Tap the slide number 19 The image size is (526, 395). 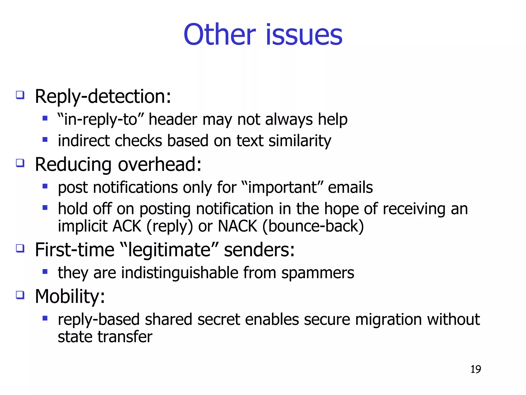coord(476,369)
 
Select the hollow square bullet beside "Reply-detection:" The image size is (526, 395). coord(20,95)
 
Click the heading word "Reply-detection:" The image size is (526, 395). coord(103,97)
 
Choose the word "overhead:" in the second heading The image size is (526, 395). coord(159,165)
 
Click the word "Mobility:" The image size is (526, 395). coord(70,297)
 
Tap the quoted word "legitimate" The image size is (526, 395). coord(169,250)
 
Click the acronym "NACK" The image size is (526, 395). coord(237,226)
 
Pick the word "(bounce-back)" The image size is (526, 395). coord(313,226)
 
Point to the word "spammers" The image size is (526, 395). coord(318,273)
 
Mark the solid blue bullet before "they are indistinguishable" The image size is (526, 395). coord(45,272)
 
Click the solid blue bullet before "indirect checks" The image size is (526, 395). coord(45,140)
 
